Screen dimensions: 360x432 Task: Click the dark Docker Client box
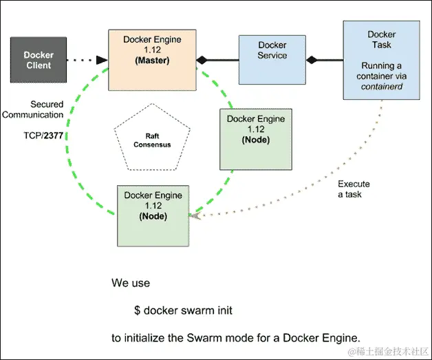coord(39,60)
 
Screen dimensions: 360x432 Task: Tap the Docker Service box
coord(272,59)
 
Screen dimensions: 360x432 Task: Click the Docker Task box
coord(381,59)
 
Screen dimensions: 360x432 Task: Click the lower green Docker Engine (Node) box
coord(152,215)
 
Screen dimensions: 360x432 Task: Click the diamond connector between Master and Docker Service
coord(201,61)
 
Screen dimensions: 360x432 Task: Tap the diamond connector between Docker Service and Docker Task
coord(312,60)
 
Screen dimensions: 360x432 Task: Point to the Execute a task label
coord(354,189)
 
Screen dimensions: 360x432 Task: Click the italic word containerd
coord(381,88)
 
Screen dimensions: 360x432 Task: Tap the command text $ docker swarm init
coord(183,310)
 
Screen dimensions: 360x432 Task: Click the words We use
coord(130,283)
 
